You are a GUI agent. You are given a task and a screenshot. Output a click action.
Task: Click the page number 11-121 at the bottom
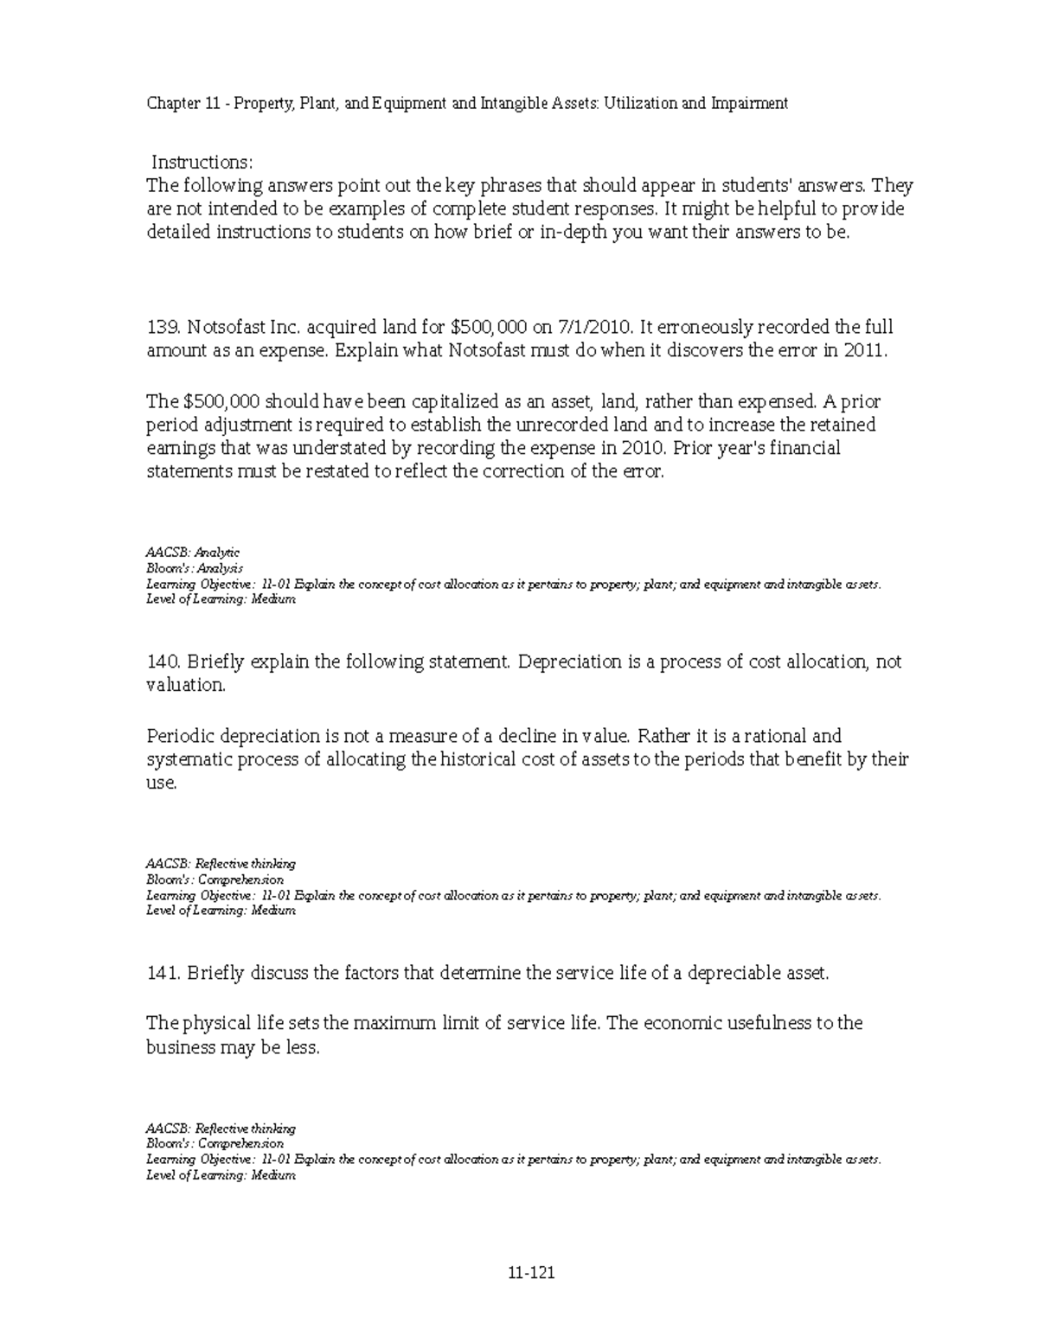tap(531, 1273)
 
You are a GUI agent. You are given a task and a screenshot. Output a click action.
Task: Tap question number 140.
tap(162, 662)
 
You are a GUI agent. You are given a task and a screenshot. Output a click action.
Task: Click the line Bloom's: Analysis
tap(195, 568)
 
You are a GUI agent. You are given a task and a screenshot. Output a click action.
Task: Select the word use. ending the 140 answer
tap(162, 783)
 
